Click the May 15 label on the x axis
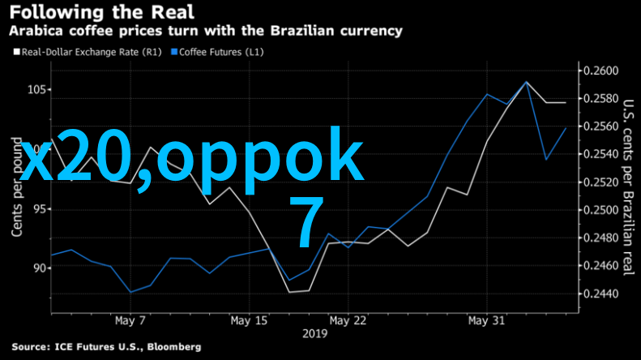click(x=249, y=320)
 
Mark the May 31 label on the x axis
click(x=487, y=320)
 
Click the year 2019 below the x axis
click(x=314, y=333)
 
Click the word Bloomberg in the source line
click(x=173, y=347)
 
